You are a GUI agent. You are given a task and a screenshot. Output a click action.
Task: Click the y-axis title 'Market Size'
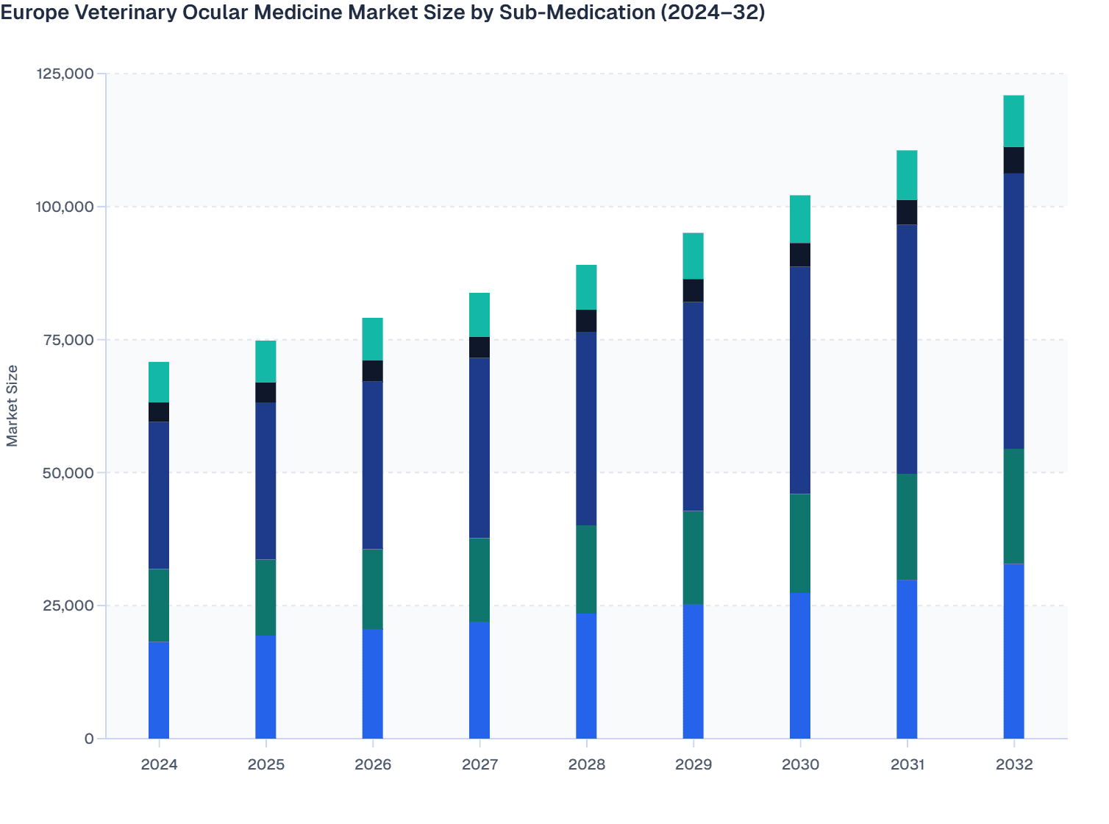pyautogui.click(x=12, y=405)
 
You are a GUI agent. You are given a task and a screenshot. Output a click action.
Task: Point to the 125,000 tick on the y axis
pyautogui.click(x=65, y=74)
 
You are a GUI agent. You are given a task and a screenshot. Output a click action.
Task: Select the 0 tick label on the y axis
pyautogui.click(x=89, y=739)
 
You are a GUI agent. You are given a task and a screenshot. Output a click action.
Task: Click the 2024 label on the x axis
pyautogui.click(x=159, y=764)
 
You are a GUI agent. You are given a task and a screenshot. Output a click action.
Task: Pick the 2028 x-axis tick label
pyautogui.click(x=586, y=764)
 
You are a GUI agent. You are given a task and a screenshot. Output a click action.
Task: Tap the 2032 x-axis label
pyautogui.click(x=1013, y=764)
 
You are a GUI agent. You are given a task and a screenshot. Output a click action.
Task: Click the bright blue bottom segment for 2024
pyautogui.click(x=159, y=690)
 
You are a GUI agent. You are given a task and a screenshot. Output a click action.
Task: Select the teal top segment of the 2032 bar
pyautogui.click(x=1013, y=121)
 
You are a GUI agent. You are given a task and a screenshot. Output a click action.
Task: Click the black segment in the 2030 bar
pyautogui.click(x=800, y=255)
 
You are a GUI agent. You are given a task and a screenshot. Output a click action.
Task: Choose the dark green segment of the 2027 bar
pyautogui.click(x=479, y=580)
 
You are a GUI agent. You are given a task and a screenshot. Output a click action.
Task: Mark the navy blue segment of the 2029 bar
pyautogui.click(x=693, y=406)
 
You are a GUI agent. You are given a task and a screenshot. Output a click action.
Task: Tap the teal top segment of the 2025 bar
pyautogui.click(x=265, y=361)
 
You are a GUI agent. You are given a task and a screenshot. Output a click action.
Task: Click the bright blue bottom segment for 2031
pyautogui.click(x=907, y=659)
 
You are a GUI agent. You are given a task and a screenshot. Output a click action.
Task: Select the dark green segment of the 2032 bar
pyautogui.click(x=1013, y=506)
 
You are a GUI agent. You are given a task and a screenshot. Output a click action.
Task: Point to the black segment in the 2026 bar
pyautogui.click(x=373, y=371)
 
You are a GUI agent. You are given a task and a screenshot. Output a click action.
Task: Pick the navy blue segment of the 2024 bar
pyautogui.click(x=159, y=495)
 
